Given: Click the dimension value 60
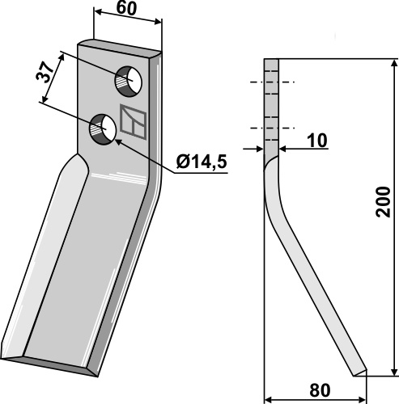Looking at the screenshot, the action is click(x=126, y=9).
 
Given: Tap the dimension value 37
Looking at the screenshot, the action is click(x=44, y=73).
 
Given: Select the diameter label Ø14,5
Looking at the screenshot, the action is click(x=202, y=162).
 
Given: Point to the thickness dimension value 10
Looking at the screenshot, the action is click(x=317, y=141).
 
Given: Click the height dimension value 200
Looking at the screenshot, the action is click(x=383, y=202).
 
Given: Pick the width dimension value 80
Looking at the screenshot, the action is click(x=320, y=390).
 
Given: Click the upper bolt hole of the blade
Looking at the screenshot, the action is click(x=129, y=82).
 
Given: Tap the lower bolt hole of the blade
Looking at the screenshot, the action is click(x=103, y=129).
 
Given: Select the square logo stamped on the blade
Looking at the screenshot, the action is click(x=134, y=122).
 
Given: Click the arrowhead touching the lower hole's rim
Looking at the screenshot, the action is click(x=120, y=142).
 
